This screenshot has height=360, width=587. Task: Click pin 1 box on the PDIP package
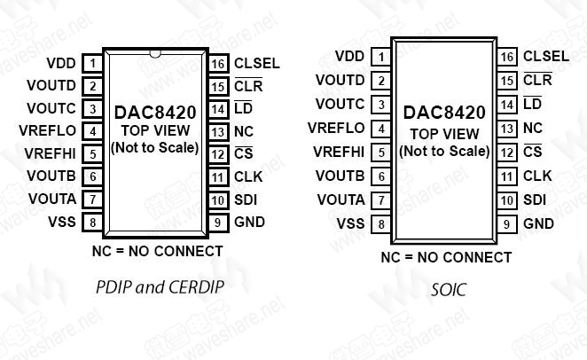tap(92, 64)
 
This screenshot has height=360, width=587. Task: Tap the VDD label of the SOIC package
tap(349, 57)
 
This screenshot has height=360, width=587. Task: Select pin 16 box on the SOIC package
tap(507, 58)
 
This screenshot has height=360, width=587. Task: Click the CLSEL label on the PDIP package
tap(256, 64)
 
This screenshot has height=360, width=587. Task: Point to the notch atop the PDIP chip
tap(155, 52)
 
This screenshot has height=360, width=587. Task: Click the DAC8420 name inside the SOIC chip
tap(444, 113)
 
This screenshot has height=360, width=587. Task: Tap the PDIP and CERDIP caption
tap(159, 287)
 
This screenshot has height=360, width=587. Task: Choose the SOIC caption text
tap(448, 289)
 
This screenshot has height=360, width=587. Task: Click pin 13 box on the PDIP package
tap(218, 131)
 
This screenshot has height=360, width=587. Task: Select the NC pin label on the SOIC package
tap(532, 129)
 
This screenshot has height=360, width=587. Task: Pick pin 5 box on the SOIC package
tap(381, 153)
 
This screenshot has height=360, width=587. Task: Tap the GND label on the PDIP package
tap(249, 222)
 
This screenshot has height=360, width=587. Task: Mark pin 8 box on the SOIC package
tap(381, 224)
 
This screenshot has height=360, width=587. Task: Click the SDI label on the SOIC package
tap(535, 200)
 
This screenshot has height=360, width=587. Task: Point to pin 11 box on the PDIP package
tap(218, 176)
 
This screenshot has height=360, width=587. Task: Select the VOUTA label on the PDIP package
tap(52, 199)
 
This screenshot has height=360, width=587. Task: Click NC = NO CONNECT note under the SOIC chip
tap(446, 258)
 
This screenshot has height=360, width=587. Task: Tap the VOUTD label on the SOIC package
tap(340, 81)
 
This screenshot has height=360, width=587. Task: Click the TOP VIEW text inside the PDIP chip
tap(154, 130)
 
